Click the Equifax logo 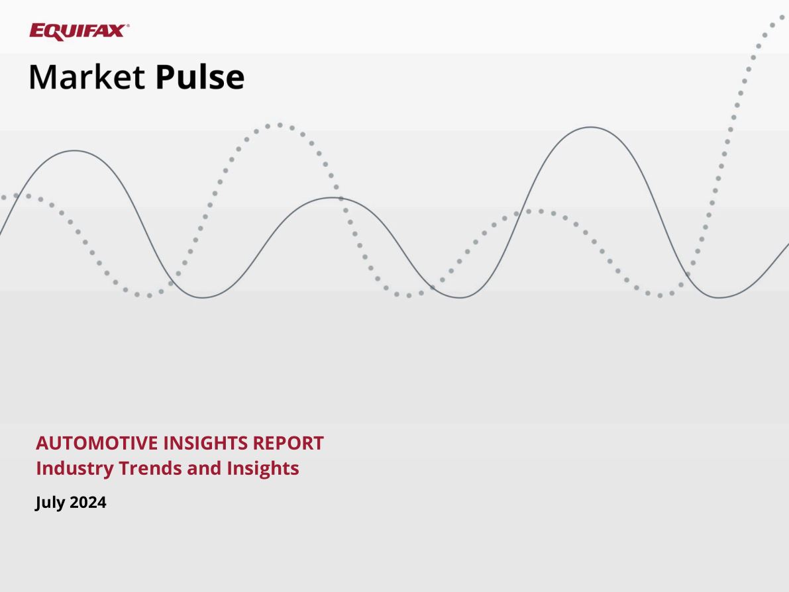[x=79, y=32]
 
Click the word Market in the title [x=87, y=77]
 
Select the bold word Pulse [x=200, y=77]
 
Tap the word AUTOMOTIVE [x=97, y=443]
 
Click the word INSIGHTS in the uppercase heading [x=205, y=443]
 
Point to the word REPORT [x=288, y=443]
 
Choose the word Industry [x=74, y=469]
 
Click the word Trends [x=150, y=468]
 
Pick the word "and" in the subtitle [x=204, y=468]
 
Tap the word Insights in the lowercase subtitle [x=262, y=469]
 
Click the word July [x=50, y=503]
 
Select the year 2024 [x=88, y=502]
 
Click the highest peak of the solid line [x=591, y=127]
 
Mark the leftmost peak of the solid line [x=74, y=150]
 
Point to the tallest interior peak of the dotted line [x=280, y=124]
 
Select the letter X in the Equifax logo [x=117, y=30]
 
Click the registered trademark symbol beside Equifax [x=128, y=25]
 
